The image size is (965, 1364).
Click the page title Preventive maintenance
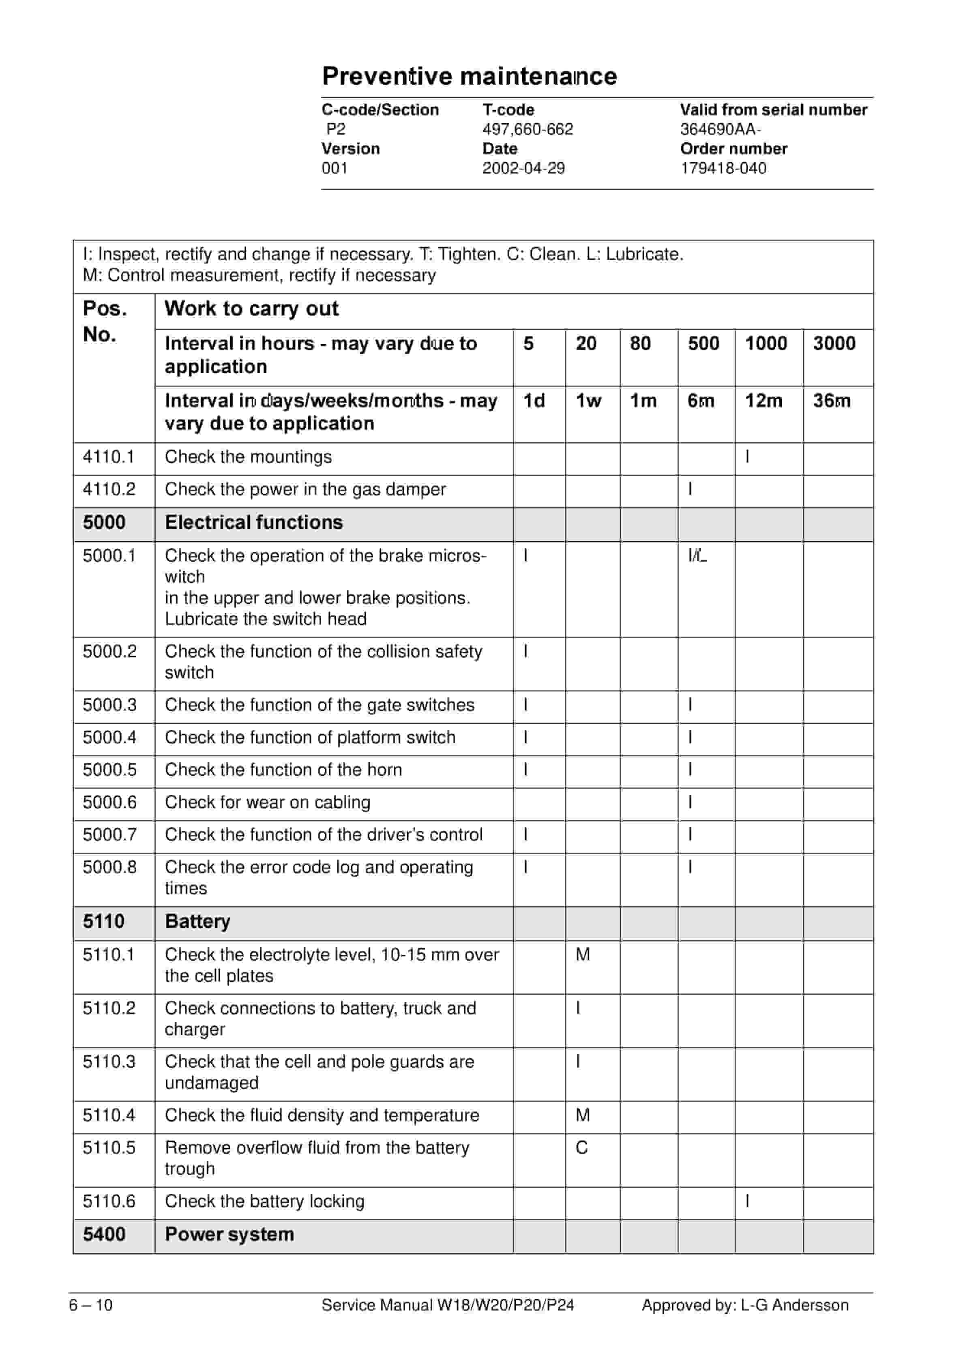(470, 77)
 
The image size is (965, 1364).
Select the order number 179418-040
(723, 169)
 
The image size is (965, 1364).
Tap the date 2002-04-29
(523, 169)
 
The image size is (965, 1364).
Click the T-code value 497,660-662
(528, 129)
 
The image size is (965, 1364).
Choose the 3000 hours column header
(834, 343)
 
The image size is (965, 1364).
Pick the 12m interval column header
(763, 401)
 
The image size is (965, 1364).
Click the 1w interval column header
(588, 401)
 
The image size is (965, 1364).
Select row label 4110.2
(109, 489)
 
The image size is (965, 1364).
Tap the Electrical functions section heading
(254, 523)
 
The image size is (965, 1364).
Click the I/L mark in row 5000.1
(698, 556)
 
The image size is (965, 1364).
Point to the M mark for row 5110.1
(583, 955)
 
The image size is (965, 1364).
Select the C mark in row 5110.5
(582, 1148)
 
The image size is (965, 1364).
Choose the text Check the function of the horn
(283, 770)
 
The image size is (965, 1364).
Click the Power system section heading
(229, 1235)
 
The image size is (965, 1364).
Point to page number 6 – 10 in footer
(91, 1305)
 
